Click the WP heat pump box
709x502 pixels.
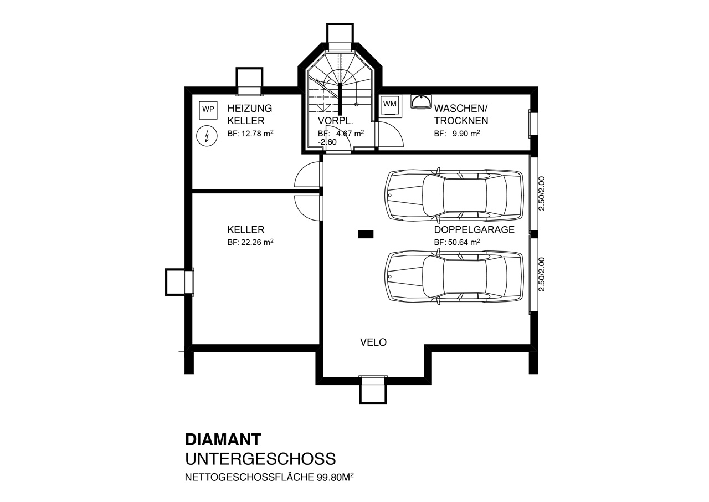pyautogui.click(x=208, y=110)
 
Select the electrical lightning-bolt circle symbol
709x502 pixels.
pyautogui.click(x=207, y=136)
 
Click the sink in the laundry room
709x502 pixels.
pyautogui.click(x=421, y=101)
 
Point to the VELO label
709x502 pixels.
pyautogui.click(x=373, y=342)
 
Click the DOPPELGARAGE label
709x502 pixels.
pyautogui.click(x=474, y=229)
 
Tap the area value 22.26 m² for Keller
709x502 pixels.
pyautogui.click(x=257, y=242)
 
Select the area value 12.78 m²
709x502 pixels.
pyautogui.click(x=257, y=133)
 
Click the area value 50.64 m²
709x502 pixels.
pyautogui.click(x=464, y=242)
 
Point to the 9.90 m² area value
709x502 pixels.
pyautogui.click(x=466, y=133)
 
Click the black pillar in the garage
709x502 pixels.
pyautogui.click(x=366, y=234)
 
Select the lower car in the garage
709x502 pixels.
pyautogui.click(x=454, y=276)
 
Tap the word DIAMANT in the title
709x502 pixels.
pyautogui.click(x=223, y=439)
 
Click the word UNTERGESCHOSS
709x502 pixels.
pyautogui.click(x=260, y=459)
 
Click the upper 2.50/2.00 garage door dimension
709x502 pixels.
pyautogui.click(x=542, y=193)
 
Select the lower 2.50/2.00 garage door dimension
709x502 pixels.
pyautogui.click(x=542, y=274)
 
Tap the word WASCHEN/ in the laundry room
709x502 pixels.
pyautogui.click(x=461, y=109)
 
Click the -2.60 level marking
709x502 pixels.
pyautogui.click(x=327, y=142)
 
